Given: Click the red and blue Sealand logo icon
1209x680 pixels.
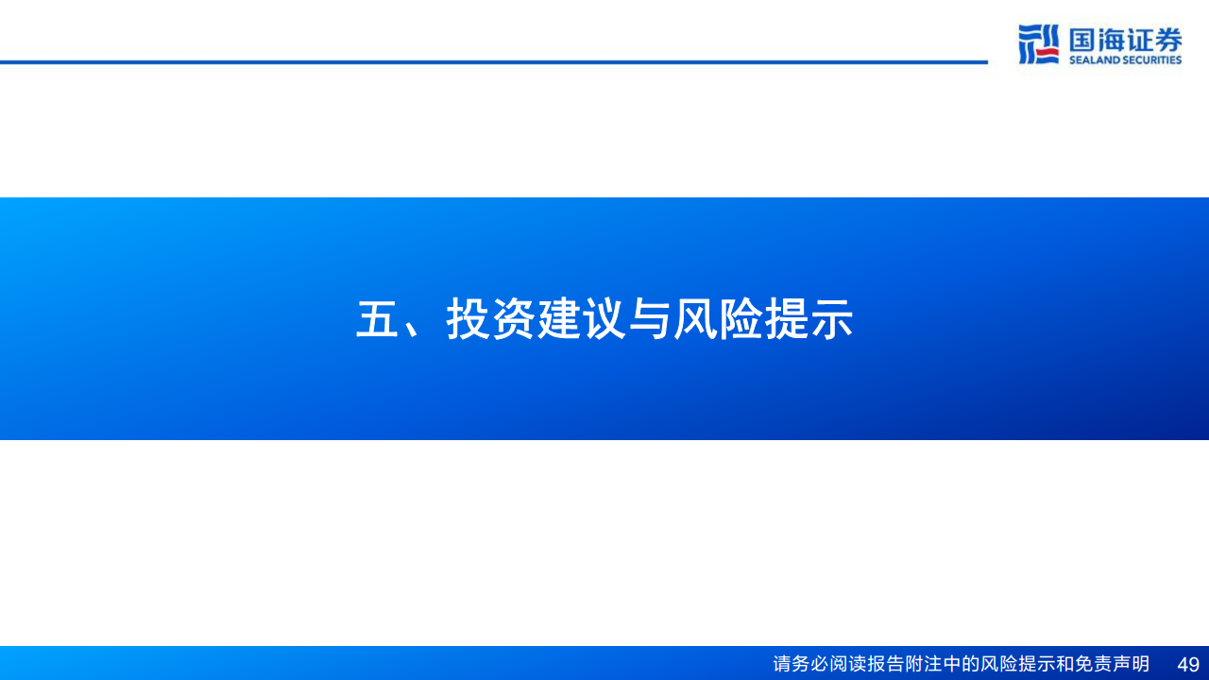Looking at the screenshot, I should click(x=1038, y=44).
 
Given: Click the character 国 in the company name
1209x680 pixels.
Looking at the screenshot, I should click(x=1082, y=40).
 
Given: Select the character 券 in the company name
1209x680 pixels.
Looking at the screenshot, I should click(x=1168, y=40).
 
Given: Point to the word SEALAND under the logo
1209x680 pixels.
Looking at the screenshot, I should click(x=1093, y=60).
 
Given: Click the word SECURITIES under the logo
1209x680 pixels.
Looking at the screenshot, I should click(x=1151, y=60).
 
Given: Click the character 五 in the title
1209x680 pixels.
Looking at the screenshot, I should click(x=377, y=320).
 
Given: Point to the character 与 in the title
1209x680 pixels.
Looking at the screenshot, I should click(x=650, y=320).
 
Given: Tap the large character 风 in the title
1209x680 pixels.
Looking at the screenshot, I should click(x=695, y=320).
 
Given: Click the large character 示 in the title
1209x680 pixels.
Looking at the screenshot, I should click(x=831, y=320).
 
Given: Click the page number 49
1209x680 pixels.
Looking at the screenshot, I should click(x=1188, y=664).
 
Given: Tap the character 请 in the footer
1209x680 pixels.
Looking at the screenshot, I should click(x=782, y=664).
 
